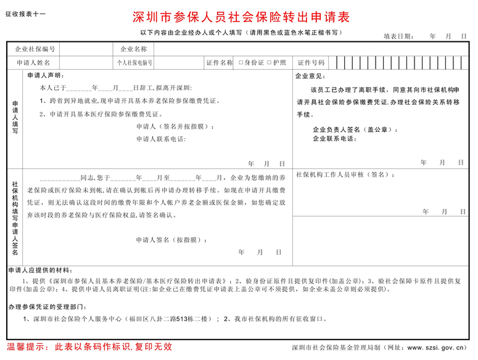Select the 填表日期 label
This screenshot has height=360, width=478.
(x=398, y=36)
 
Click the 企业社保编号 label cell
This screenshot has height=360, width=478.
(x=35, y=49)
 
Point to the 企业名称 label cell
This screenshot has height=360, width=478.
(x=133, y=49)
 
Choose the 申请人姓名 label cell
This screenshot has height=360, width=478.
(x=33, y=63)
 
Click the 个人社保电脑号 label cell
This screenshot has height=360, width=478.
(x=135, y=63)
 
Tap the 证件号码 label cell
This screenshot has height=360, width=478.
(x=311, y=63)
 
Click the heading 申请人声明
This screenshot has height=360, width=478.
(x=45, y=76)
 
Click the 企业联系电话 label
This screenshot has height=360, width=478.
(x=334, y=139)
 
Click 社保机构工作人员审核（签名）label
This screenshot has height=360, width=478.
(x=345, y=175)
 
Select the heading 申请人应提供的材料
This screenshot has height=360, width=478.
(x=41, y=270)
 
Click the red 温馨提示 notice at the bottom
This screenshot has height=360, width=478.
(x=89, y=347)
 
